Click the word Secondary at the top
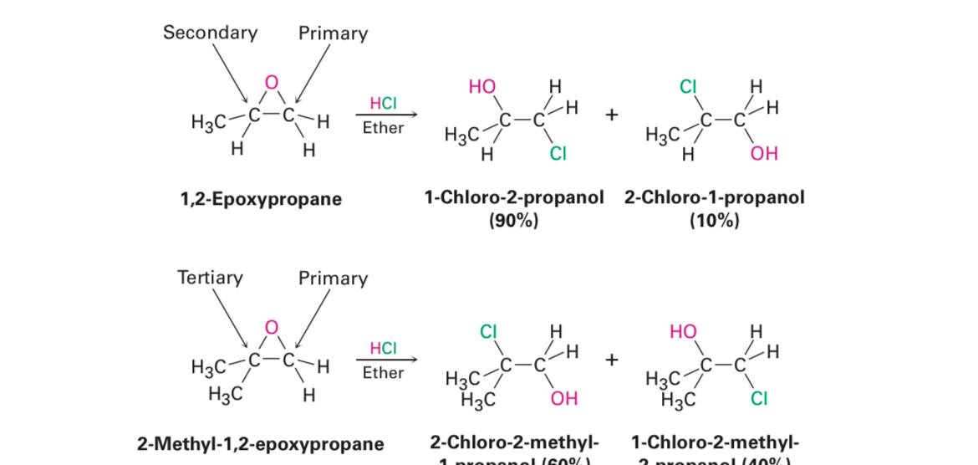[210, 33]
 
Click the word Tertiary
[210, 278]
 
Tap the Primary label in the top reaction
[333, 33]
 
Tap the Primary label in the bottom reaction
[333, 278]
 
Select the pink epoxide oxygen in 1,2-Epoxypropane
[271, 82]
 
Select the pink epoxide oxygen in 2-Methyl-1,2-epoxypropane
[271, 327]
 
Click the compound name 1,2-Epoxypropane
[261, 199]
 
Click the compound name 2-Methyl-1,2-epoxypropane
[261, 443]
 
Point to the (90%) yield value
[513, 221]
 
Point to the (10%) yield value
[715, 221]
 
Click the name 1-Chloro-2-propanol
[513, 198]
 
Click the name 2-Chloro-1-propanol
[715, 198]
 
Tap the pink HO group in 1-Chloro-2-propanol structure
[482, 87]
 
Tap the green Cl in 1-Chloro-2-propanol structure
[558, 154]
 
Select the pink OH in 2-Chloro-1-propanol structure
[764, 154]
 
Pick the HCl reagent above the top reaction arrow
[383, 103]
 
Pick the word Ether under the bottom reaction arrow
[383, 373]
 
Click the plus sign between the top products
[612, 115]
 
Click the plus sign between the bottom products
[612, 360]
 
